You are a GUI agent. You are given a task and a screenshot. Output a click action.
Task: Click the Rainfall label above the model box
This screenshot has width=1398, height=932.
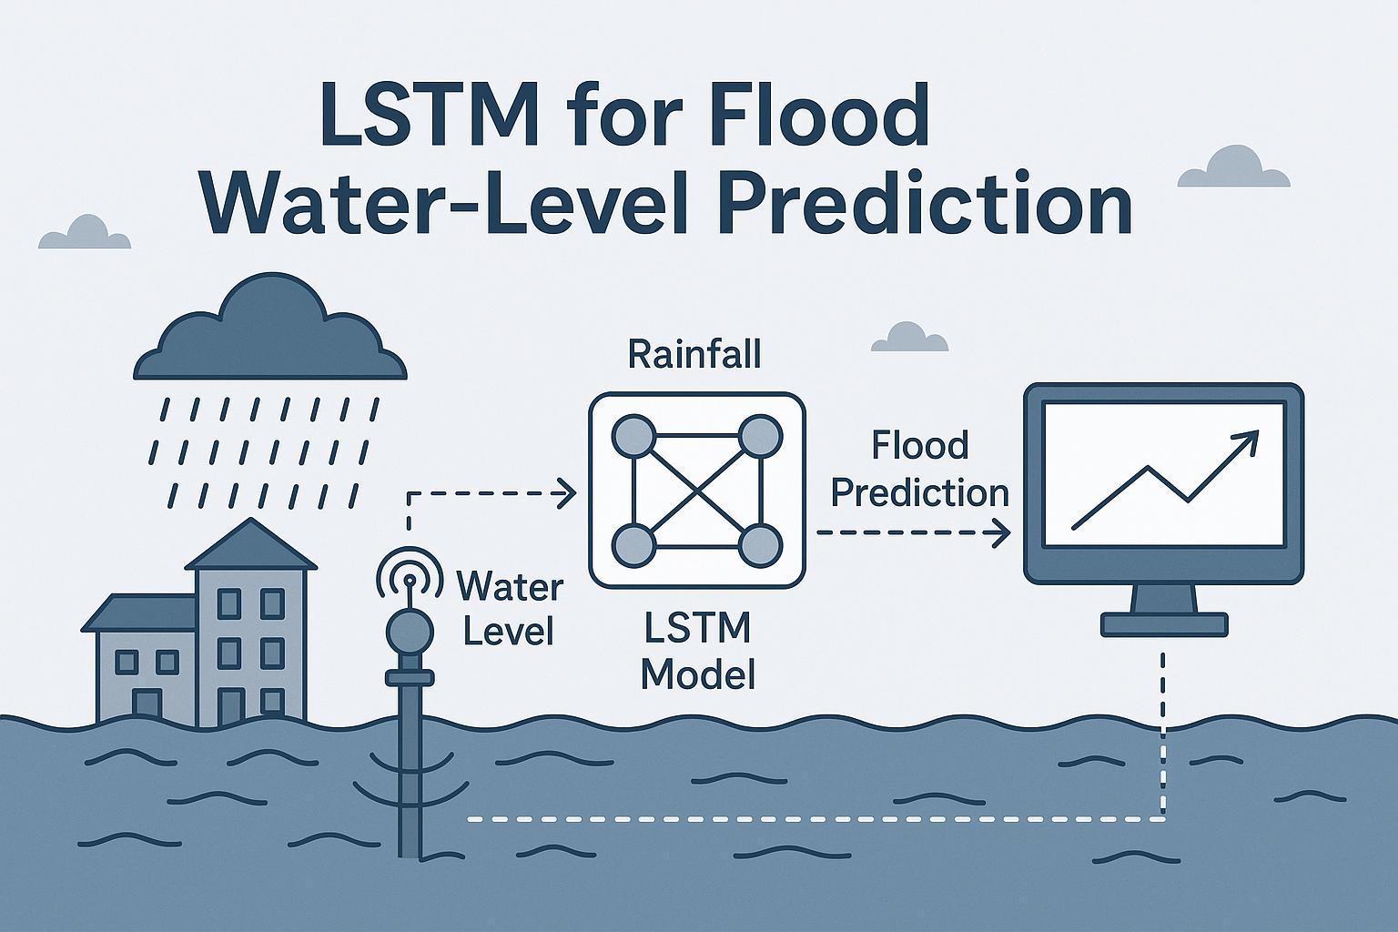click(x=694, y=355)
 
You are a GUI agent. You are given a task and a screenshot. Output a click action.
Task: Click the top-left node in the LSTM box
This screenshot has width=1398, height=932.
click(x=635, y=438)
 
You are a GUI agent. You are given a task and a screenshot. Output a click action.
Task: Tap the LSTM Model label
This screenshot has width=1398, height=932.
click(x=697, y=650)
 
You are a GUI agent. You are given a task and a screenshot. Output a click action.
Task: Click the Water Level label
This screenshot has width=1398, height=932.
click(x=509, y=607)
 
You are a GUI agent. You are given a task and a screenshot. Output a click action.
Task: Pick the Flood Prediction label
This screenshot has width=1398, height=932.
click(x=920, y=470)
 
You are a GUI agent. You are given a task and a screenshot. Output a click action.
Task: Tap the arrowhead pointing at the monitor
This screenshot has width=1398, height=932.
click(x=1002, y=533)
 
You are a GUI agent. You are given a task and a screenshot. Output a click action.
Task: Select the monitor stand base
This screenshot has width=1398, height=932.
click(x=1164, y=624)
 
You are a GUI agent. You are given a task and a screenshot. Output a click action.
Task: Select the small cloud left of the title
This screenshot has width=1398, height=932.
click(x=86, y=234)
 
